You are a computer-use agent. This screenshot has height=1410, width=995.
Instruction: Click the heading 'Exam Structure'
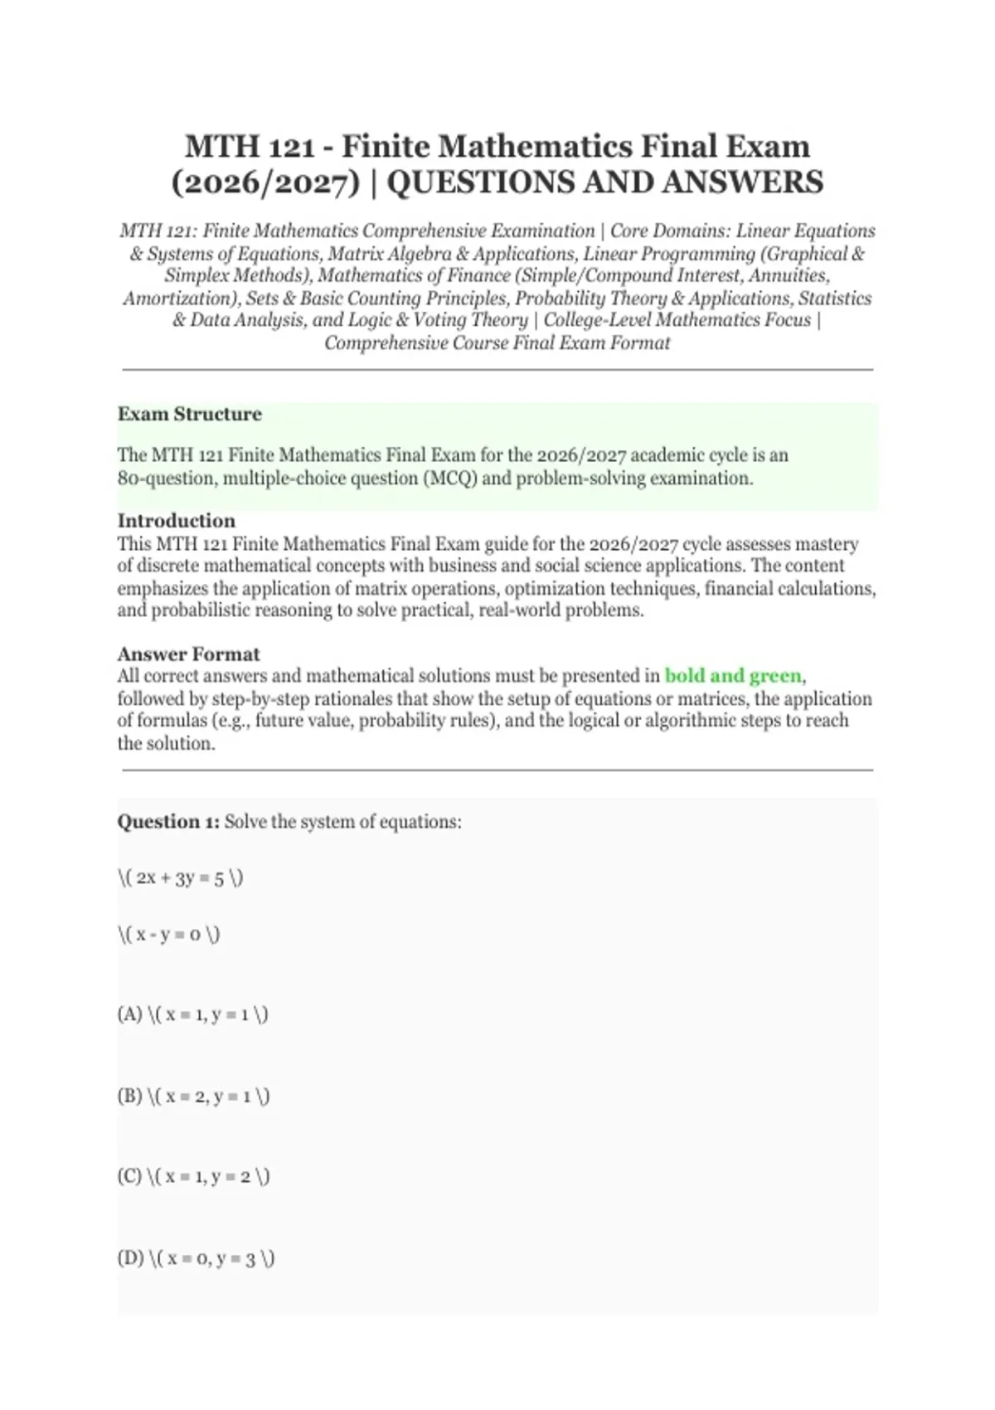[x=189, y=414]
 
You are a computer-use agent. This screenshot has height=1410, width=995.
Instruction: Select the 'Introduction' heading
[x=176, y=521]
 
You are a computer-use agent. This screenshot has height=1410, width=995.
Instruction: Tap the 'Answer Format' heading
[x=188, y=654]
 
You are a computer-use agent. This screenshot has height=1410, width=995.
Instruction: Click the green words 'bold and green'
[x=733, y=676]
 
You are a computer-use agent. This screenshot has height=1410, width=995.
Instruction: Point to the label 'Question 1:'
[x=168, y=822]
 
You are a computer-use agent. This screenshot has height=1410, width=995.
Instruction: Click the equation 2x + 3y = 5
[x=180, y=878]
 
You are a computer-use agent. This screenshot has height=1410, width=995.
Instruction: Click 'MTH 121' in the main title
[x=249, y=147]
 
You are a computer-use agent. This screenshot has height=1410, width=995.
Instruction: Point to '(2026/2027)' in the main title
[x=265, y=182]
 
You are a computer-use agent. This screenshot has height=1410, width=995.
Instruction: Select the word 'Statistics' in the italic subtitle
[x=834, y=299]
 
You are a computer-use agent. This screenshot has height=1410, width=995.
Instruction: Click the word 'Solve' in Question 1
[x=245, y=822]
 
